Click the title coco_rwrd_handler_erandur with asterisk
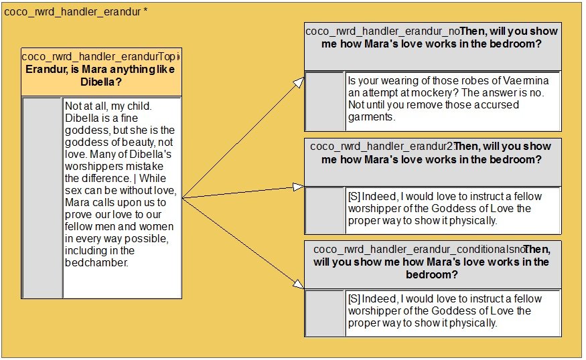(76, 11)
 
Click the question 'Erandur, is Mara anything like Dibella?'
(100, 76)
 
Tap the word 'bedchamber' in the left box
(96, 262)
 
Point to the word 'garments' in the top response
(370, 117)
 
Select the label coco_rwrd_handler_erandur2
(382, 146)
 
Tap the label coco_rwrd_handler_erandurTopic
(100, 56)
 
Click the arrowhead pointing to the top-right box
(299, 82)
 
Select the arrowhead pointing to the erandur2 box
(299, 187)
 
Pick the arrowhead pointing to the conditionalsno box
(299, 284)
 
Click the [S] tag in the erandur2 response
(354, 197)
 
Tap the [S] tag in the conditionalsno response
(354, 298)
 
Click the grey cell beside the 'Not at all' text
(42, 198)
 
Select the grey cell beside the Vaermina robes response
(325, 101)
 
